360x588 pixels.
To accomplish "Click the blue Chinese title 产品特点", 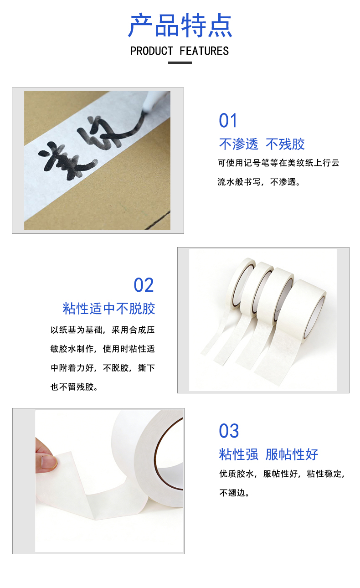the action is pyautogui.click(x=180, y=25).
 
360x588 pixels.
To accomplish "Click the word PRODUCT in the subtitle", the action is pyautogui.click(x=152, y=51).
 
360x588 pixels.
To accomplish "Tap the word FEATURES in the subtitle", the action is pyautogui.click(x=204, y=51).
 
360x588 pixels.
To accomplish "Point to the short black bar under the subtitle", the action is pyautogui.click(x=180, y=63).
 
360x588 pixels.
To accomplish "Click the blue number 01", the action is pyautogui.click(x=228, y=121).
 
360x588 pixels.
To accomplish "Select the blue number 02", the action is pyautogui.click(x=144, y=285).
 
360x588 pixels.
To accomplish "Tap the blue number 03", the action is pyautogui.click(x=229, y=431).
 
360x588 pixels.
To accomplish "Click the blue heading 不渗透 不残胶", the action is pyautogui.click(x=262, y=144).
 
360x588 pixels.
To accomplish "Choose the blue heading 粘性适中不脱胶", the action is pyautogui.click(x=108, y=309).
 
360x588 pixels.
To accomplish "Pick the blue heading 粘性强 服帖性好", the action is pyautogui.click(x=268, y=454).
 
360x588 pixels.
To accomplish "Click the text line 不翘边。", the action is pyautogui.click(x=234, y=493).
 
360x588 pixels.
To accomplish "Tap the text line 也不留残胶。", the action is pyautogui.click(x=74, y=387).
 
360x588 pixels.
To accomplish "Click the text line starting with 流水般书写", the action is pyautogui.click(x=259, y=182).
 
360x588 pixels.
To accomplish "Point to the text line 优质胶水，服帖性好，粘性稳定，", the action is pyautogui.click(x=282, y=474).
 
